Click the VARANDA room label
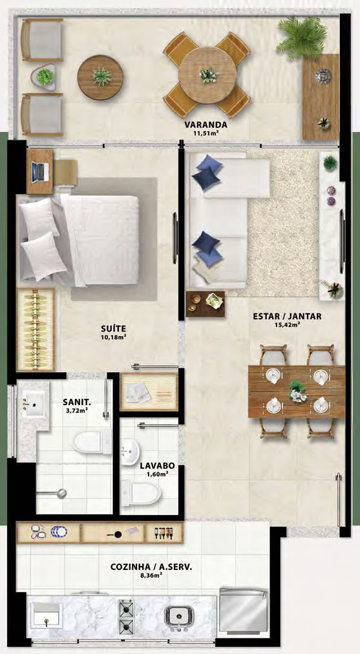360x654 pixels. tap(206, 125)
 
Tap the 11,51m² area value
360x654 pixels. tap(206, 134)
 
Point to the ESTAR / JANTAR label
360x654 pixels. tap(288, 316)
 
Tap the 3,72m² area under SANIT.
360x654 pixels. tap(77, 411)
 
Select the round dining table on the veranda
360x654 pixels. tap(207, 75)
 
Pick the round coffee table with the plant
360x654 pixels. tap(100, 78)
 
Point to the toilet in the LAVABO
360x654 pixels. tap(141, 494)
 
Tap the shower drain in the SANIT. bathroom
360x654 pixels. tap(62, 493)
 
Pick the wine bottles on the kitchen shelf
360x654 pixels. tap(164, 533)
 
